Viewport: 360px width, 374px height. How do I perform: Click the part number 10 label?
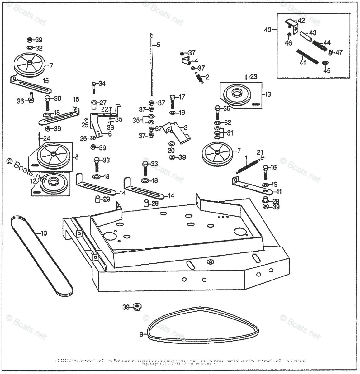[44, 233]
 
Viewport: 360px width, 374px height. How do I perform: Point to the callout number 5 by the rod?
[158, 45]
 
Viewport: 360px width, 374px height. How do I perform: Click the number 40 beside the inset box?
[268, 30]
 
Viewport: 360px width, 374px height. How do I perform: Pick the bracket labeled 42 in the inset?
[291, 24]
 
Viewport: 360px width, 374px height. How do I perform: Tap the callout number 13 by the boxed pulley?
[268, 94]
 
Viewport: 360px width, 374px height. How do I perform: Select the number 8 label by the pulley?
[77, 157]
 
